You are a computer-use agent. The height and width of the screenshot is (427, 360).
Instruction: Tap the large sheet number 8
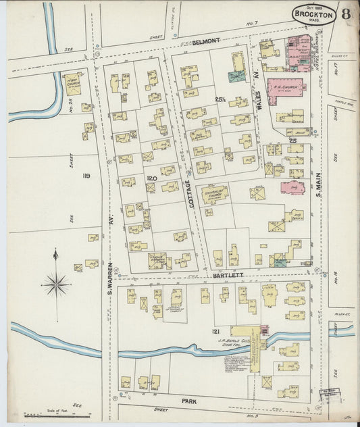pyautogui.click(x=346, y=14)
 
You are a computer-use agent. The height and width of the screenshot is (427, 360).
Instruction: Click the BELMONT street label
pyautogui.click(x=206, y=41)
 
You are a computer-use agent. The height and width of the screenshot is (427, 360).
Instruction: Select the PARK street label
pyautogui.click(x=188, y=401)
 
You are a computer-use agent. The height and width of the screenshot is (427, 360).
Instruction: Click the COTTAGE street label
pyautogui.click(x=190, y=193)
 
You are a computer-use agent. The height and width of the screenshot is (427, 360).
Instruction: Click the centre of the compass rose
pyautogui.click(x=56, y=284)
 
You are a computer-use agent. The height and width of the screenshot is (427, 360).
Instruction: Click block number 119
pyautogui.click(x=86, y=176)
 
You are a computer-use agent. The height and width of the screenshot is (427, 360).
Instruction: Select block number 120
pyautogui.click(x=152, y=177)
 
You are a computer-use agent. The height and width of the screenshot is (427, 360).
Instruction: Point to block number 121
pyautogui.click(x=215, y=331)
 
